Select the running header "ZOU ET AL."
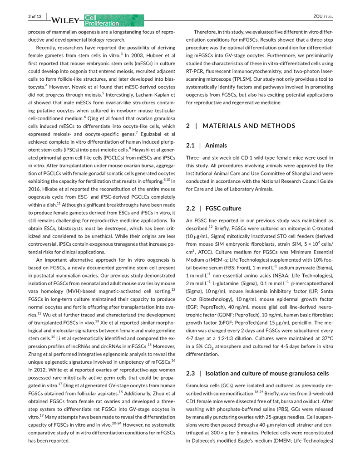click(323, 17)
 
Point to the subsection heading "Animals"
click(216, 146)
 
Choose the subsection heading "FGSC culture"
click(223, 209)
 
